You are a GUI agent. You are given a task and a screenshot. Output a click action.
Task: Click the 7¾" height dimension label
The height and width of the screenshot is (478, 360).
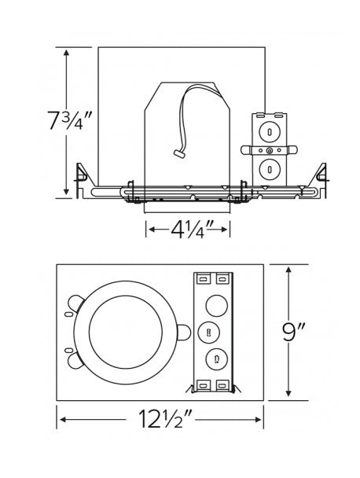click(70, 121)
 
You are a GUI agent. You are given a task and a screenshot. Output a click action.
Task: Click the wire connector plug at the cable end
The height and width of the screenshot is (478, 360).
click(179, 153)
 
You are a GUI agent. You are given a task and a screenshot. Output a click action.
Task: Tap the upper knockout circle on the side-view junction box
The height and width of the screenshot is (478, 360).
click(269, 132)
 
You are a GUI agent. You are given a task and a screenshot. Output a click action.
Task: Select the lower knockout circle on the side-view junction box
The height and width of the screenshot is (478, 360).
click(269, 169)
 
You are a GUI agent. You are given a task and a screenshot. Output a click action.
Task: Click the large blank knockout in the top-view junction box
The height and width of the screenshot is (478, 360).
click(216, 306)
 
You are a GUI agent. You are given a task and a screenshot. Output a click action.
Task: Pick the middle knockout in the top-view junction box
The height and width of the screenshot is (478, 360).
click(209, 333)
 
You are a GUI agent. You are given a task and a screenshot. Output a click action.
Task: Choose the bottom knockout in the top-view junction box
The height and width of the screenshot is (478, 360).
click(216, 360)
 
